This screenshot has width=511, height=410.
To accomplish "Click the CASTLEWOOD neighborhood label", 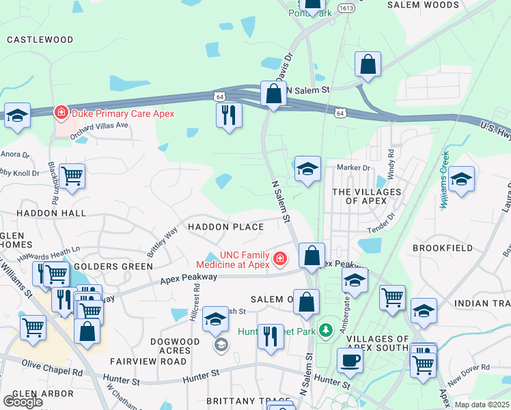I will pos(40,40).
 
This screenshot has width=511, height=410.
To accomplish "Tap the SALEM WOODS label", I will pos(423,5).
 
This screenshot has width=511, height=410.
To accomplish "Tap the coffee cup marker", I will pos(350,360).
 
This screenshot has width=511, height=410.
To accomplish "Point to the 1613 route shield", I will pos(345,8).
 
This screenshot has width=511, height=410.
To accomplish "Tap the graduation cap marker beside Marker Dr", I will pos(307,169).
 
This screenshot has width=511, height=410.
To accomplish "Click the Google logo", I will pos(23,402).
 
